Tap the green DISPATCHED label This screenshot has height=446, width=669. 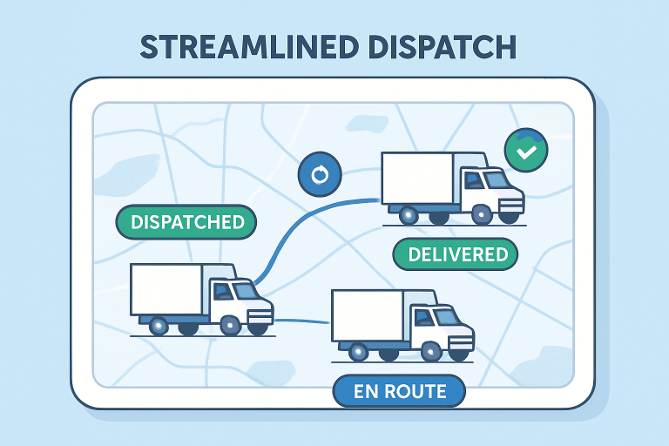point(186,222)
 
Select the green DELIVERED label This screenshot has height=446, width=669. point(456,254)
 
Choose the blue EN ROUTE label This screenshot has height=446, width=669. point(399,391)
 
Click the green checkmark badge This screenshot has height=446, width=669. point(526,151)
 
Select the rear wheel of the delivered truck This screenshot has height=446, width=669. point(407,213)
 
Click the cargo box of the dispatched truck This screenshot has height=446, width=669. point(166,289)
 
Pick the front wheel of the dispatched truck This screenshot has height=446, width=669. point(231,326)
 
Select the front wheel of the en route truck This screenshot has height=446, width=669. point(431,351)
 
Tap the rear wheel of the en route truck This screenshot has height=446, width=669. point(357,351)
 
